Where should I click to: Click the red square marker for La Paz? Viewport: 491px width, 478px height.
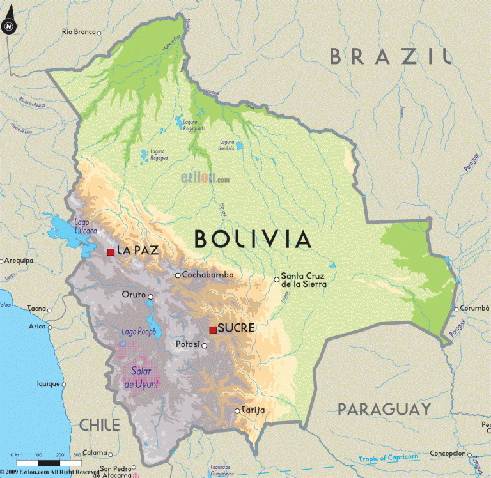tap(111, 252)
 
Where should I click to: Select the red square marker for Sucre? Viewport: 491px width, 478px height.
tap(213, 330)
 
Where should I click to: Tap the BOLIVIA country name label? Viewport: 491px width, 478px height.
tap(253, 239)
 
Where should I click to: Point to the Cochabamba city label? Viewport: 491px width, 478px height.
tap(208, 275)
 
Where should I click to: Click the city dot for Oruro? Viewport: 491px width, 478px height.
tap(150, 297)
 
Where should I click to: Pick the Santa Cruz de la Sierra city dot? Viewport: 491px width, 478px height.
tap(277, 279)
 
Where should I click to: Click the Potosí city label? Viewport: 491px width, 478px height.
tap(188, 345)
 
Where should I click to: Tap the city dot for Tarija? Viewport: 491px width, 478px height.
tap(237, 410)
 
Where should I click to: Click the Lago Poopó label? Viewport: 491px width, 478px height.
tap(137, 331)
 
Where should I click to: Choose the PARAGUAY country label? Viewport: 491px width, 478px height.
tap(384, 409)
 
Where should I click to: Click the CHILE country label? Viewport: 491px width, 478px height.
tap(100, 424)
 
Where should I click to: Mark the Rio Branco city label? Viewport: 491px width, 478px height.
tap(79, 31)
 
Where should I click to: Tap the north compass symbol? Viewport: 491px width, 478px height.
tap(8, 26)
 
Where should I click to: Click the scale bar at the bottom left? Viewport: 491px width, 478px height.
tap(48, 461)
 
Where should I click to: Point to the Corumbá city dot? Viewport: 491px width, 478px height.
tap(455, 309)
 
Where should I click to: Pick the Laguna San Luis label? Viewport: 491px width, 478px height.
tap(227, 144)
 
